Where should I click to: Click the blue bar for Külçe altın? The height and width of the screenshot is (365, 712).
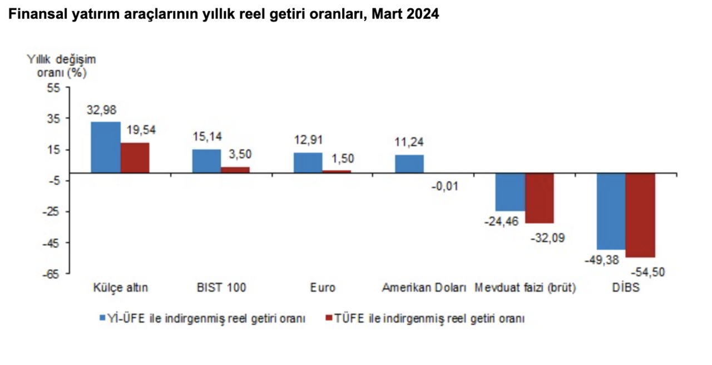point(106,147)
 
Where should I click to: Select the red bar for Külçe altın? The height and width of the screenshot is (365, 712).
point(135,158)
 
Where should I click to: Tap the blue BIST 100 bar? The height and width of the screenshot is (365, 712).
point(206,161)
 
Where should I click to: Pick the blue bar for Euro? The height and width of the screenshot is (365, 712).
point(308,162)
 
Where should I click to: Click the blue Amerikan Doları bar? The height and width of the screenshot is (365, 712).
point(409,164)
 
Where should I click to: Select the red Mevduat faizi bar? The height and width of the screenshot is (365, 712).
point(540,198)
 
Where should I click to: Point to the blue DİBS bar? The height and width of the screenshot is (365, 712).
point(611,211)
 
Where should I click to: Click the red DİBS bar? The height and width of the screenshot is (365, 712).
point(640,215)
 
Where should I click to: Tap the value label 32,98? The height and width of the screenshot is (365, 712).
point(101,110)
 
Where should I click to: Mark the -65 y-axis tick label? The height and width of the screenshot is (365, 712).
point(54,274)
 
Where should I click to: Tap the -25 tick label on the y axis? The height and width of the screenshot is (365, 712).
point(54,211)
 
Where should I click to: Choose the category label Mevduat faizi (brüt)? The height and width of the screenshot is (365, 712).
point(525,288)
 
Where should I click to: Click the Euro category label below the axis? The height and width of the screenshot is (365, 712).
point(323,288)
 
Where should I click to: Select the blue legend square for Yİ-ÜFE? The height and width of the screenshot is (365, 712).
point(102,319)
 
